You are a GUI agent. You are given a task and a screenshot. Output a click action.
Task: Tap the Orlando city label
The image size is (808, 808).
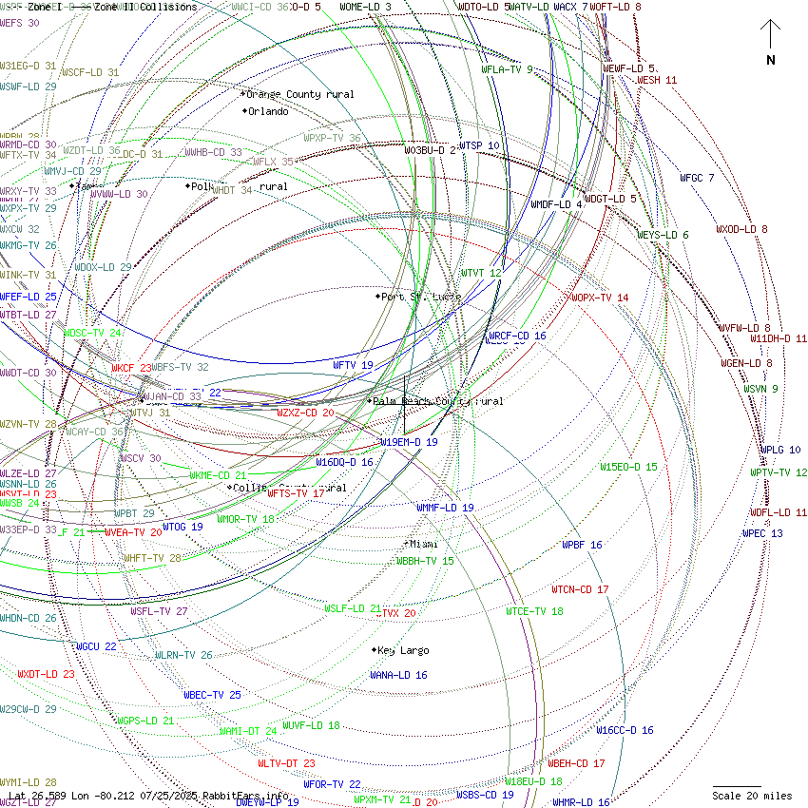tap(267, 111)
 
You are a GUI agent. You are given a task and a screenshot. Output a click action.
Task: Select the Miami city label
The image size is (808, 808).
tap(423, 544)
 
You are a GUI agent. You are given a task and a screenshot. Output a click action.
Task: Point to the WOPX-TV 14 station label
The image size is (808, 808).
tap(600, 298)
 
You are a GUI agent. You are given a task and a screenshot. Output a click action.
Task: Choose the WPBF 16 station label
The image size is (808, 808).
tap(582, 545)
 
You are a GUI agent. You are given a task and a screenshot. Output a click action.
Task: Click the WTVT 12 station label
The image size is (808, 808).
tap(481, 273)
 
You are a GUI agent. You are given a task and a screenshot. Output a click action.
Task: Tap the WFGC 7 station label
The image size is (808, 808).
tap(697, 178)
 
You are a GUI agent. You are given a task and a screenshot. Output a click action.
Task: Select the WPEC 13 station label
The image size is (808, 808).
tap(762, 533)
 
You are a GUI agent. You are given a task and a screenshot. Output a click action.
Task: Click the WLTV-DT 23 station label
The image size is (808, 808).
tap(286, 763)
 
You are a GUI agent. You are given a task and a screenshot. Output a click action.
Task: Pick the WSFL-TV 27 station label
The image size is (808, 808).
tap(159, 611)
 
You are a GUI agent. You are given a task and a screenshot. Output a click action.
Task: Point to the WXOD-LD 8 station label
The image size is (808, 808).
tap(741, 229)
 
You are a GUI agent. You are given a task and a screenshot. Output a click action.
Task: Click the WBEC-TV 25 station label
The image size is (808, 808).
tap(212, 695)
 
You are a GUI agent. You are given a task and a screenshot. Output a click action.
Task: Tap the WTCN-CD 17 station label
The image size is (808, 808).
tap(580, 589)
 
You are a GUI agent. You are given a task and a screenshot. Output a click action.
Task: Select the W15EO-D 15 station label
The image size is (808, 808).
tap(628, 467)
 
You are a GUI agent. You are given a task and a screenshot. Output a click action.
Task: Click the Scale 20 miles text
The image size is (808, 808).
tap(752, 796)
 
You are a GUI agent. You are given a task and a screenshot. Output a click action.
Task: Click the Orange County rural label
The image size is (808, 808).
tap(299, 94)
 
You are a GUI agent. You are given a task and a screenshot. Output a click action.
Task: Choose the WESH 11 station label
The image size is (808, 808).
tap(657, 80)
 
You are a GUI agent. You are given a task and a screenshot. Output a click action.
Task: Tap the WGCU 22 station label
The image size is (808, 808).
tap(96, 646)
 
